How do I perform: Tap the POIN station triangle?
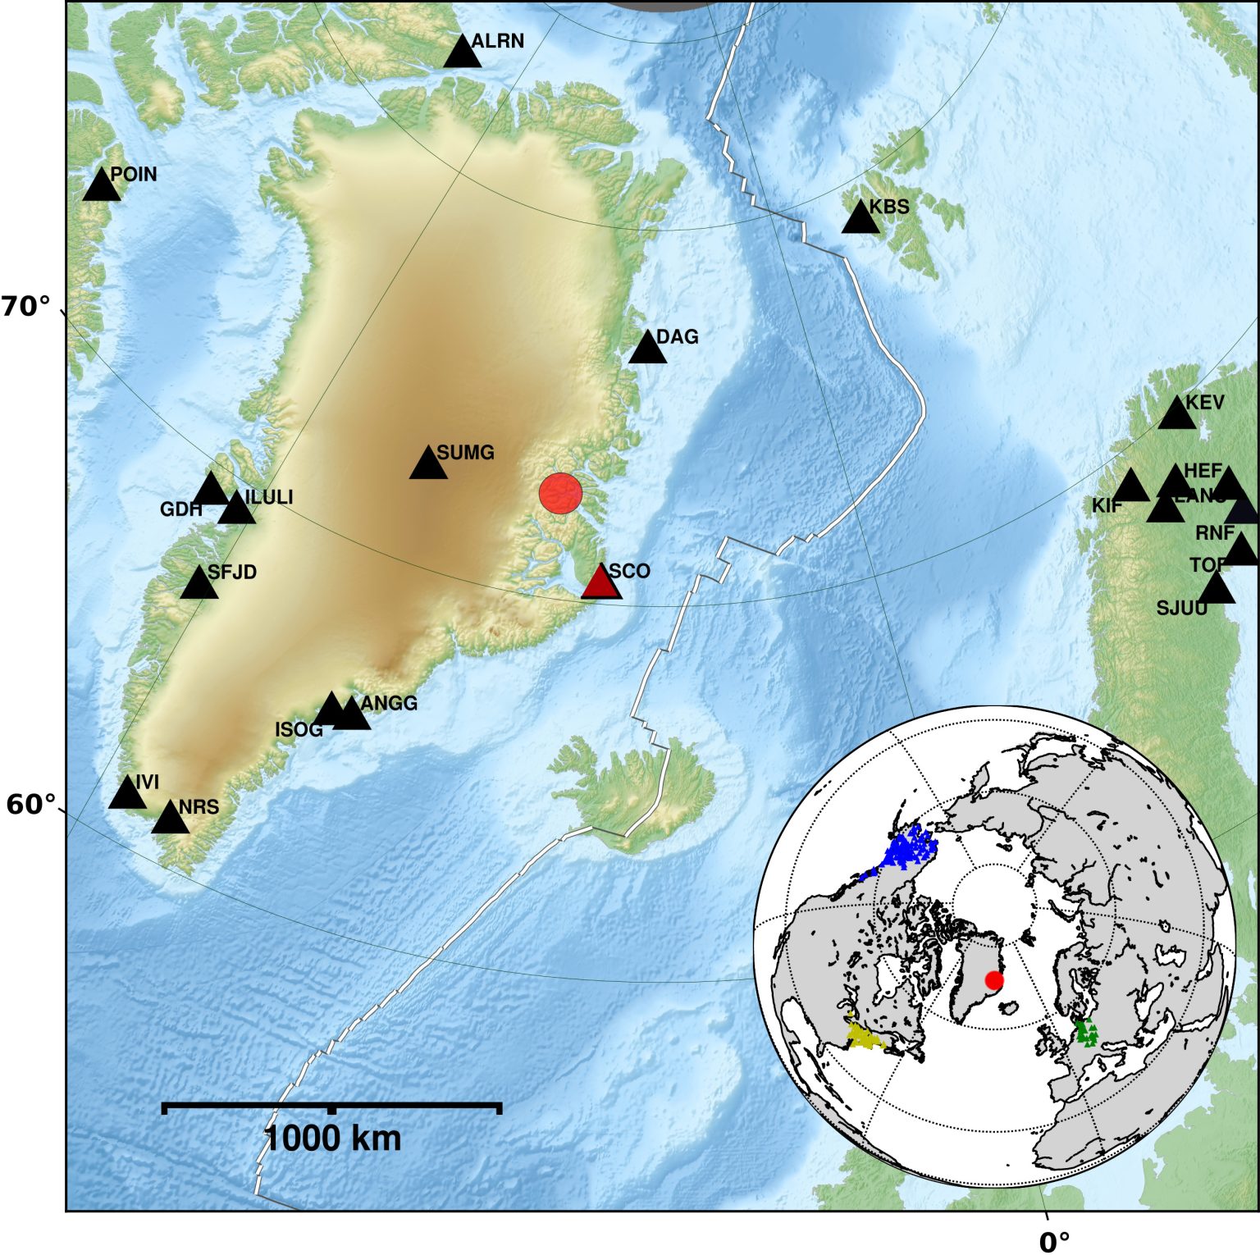(x=102, y=186)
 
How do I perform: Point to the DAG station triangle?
(x=648, y=349)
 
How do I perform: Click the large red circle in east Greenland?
(x=561, y=493)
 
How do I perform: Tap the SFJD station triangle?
(x=199, y=584)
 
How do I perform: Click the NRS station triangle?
(x=171, y=819)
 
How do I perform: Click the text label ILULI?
(x=268, y=498)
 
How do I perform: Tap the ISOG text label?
(x=299, y=730)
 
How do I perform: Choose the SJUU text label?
(x=1181, y=609)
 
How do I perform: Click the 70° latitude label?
(x=25, y=307)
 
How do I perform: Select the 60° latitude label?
(x=31, y=805)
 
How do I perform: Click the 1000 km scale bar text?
(x=332, y=1139)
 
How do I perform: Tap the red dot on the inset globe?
(x=994, y=980)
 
